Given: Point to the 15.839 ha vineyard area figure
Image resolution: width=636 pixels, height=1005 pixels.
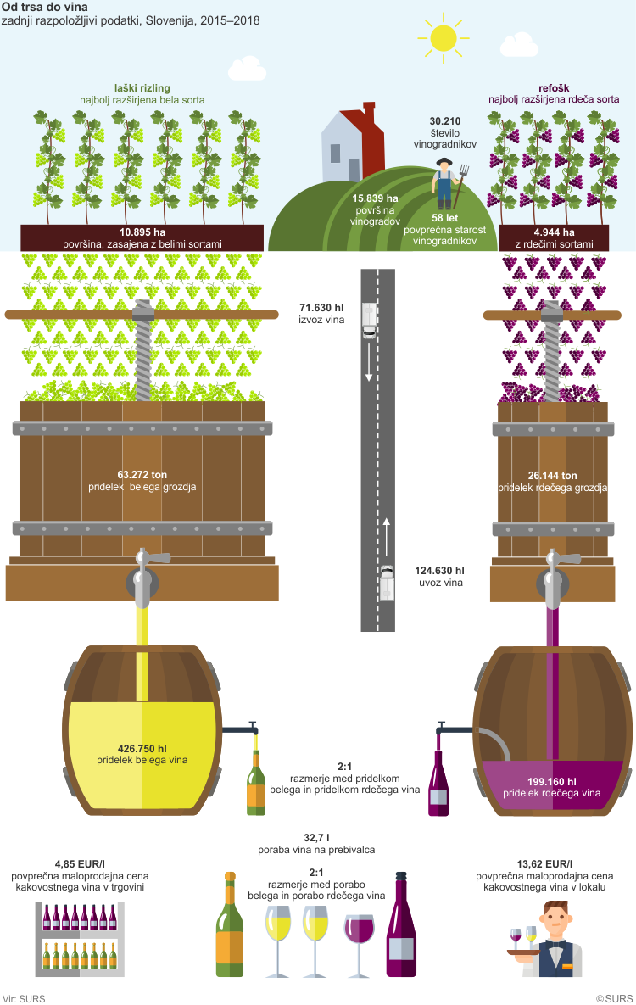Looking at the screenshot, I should pyautogui.click(x=375, y=198).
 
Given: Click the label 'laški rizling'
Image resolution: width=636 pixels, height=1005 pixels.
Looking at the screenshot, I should pyautogui.click(x=142, y=87).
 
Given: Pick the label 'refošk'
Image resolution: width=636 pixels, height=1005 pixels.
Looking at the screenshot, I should pyautogui.click(x=554, y=87).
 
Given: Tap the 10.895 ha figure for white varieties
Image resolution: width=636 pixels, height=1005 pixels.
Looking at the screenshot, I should pyautogui.click(x=142, y=232).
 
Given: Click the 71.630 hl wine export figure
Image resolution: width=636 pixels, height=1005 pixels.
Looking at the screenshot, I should pyautogui.click(x=323, y=309).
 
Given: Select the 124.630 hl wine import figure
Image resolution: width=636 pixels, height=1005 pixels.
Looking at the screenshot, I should pyautogui.click(x=441, y=572).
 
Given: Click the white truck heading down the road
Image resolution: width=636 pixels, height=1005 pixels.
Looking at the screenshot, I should pyautogui.click(x=369, y=320).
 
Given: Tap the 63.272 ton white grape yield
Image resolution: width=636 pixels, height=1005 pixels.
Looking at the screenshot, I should pyautogui.click(x=142, y=475).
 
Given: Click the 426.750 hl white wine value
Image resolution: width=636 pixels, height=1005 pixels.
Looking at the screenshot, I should pyautogui.click(x=142, y=748).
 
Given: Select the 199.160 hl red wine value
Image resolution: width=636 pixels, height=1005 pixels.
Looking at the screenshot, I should pyautogui.click(x=552, y=782).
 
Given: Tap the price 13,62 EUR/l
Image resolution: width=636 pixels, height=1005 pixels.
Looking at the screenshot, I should pyautogui.click(x=552, y=863).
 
